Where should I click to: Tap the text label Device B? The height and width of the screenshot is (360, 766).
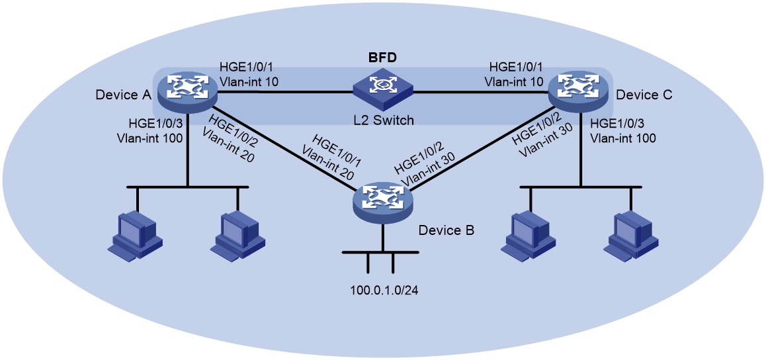click(447, 230)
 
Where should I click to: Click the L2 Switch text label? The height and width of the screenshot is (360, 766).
click(384, 120)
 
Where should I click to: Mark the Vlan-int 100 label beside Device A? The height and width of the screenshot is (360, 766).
click(151, 138)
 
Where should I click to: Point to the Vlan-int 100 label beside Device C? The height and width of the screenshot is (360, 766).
click(623, 138)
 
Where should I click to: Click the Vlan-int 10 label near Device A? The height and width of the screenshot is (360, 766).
click(249, 81)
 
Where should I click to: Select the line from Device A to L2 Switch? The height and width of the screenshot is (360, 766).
click(285, 91)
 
